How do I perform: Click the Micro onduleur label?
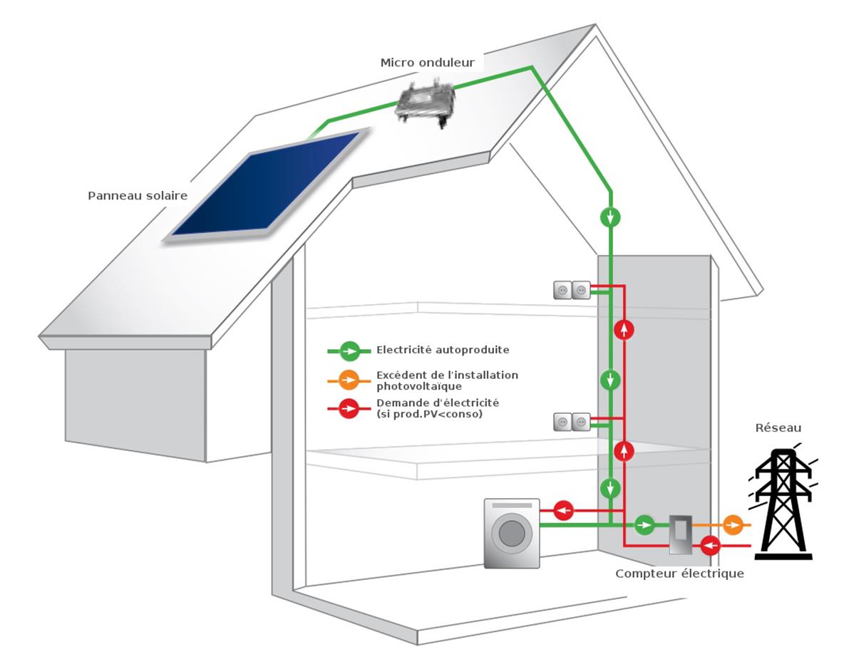click(427, 63)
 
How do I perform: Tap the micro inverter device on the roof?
click(426, 101)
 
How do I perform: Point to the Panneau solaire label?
click(138, 195)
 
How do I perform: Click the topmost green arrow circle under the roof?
click(610, 217)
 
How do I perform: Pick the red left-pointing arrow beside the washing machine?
click(564, 510)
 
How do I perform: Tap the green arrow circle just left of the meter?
click(644, 526)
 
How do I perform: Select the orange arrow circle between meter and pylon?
click(733, 526)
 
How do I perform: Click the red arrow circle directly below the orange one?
click(710, 546)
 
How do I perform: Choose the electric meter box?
click(679, 535)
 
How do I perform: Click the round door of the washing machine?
click(510, 534)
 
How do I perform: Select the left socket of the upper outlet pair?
click(562, 290)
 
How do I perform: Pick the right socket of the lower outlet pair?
click(581, 422)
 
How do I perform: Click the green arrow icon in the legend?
click(349, 351)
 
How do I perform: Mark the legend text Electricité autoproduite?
click(443, 350)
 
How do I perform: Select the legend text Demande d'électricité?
click(438, 403)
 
